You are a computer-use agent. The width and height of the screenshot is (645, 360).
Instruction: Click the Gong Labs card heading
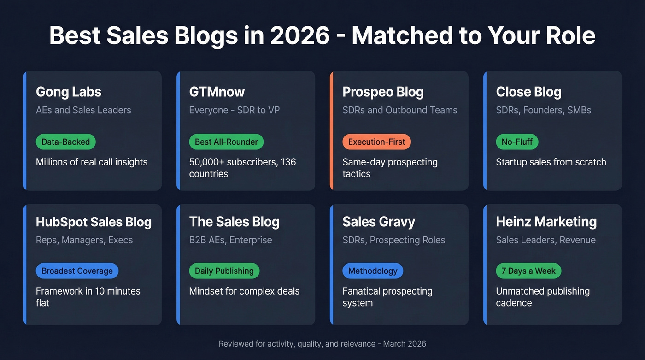tap(69, 92)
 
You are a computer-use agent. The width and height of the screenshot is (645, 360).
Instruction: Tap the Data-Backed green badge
tap(66, 142)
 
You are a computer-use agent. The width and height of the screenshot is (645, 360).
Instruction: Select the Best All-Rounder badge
tap(226, 142)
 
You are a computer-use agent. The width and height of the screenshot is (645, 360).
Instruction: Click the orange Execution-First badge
tap(376, 142)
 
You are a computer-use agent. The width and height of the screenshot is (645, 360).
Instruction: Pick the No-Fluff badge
tap(517, 142)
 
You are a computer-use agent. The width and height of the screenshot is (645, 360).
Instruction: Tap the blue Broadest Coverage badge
tap(77, 271)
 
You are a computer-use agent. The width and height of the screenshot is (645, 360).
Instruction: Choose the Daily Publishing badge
tap(224, 271)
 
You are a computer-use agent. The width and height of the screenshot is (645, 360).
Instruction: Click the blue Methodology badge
tap(373, 271)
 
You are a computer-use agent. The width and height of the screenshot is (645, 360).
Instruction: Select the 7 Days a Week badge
tap(528, 271)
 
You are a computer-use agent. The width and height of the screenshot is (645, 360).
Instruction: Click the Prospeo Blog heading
tap(383, 92)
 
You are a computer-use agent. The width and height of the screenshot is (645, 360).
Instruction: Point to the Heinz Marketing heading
tap(546, 222)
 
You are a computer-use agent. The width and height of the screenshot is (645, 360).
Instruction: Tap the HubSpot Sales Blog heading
tap(94, 222)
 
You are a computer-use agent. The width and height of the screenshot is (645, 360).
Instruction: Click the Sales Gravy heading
tap(379, 222)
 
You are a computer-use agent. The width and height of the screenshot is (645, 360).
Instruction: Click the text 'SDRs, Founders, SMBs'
tap(544, 110)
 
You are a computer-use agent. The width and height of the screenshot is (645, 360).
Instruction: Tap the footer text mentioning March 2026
tap(322, 344)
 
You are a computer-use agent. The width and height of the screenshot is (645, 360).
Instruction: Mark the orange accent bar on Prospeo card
tap(331, 130)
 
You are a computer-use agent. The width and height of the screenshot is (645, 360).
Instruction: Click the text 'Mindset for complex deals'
tap(244, 291)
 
